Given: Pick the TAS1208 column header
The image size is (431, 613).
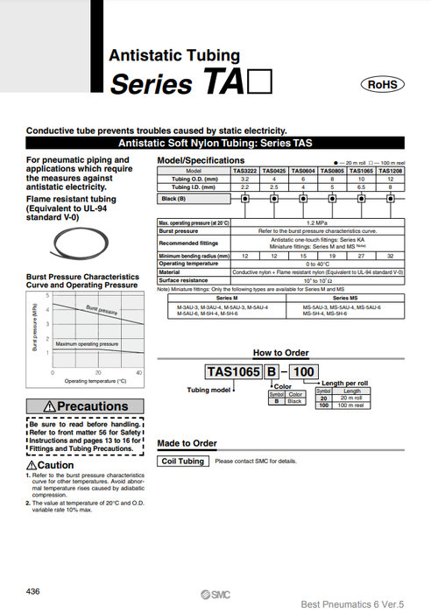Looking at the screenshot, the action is point(390,171).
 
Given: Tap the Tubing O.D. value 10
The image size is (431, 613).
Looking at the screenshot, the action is point(361,179).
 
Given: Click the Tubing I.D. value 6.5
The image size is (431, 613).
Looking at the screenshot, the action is point(361,187).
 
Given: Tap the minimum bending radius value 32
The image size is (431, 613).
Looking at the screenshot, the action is point(390,255).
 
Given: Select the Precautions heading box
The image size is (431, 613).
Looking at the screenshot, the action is point(84,406).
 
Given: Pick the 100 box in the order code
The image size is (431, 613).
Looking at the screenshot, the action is point(304,372).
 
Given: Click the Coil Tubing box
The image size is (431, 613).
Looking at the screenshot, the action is point(182,462).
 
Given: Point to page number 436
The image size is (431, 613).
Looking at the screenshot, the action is point(33,592).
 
